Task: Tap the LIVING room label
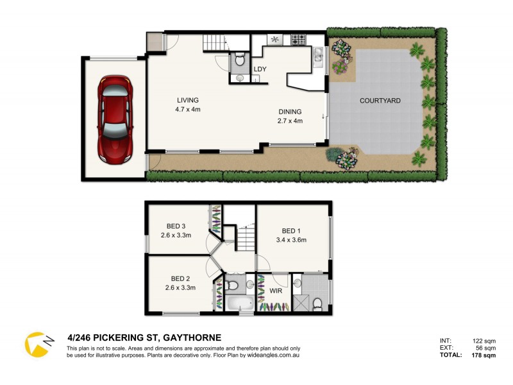click(188, 100)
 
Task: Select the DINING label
click(289, 112)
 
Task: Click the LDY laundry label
click(260, 69)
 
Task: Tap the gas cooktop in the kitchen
click(299, 40)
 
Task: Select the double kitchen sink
click(319, 55)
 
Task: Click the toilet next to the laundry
click(239, 61)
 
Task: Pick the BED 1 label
click(291, 231)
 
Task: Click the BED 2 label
click(180, 278)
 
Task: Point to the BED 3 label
click(176, 226)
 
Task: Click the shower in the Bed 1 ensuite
click(315, 299)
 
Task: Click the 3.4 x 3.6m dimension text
click(291, 241)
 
